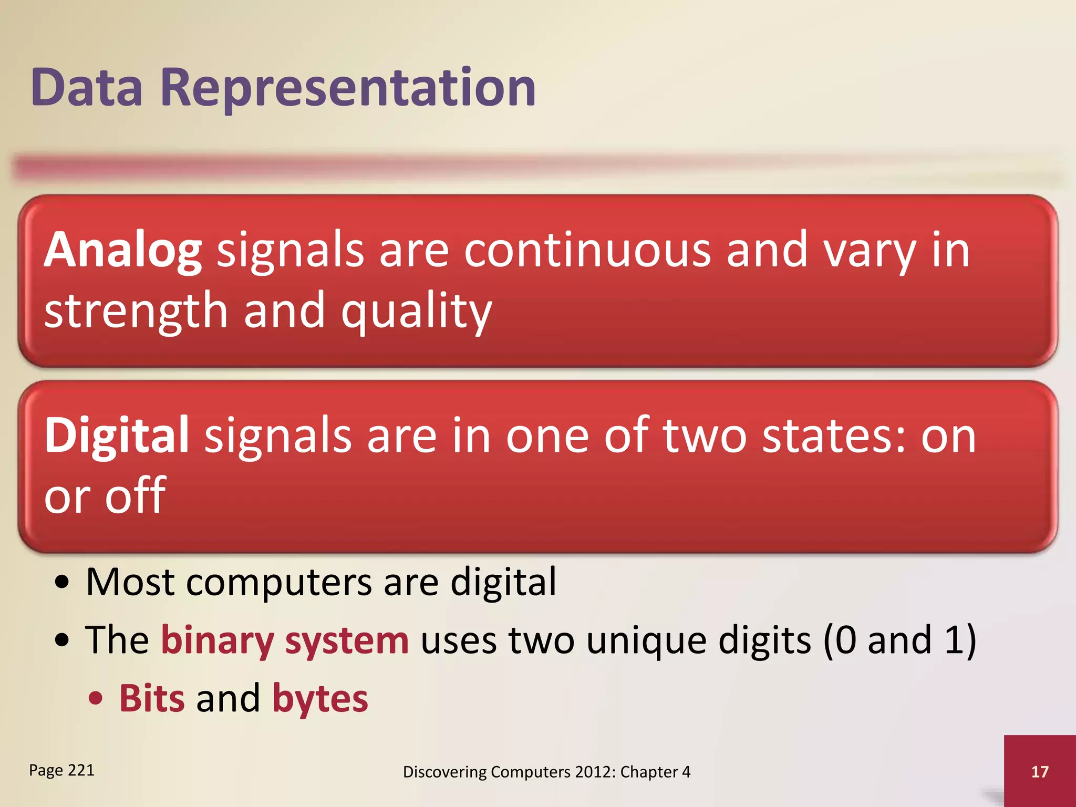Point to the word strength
(136, 311)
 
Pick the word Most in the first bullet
(130, 582)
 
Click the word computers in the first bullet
(278, 582)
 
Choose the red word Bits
(152, 699)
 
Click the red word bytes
(320, 699)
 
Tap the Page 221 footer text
(61, 770)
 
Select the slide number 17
(1040, 771)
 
